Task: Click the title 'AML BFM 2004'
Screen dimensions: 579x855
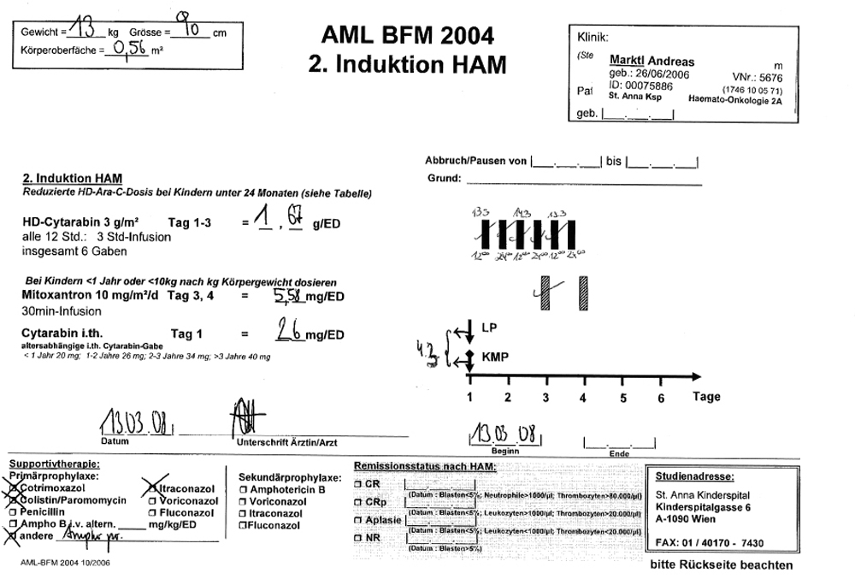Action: pyautogui.click(x=407, y=35)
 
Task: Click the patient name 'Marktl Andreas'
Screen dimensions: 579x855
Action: pyautogui.click(x=652, y=62)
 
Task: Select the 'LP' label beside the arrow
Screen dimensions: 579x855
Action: pyautogui.click(x=489, y=327)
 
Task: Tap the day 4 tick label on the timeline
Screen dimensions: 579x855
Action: pyautogui.click(x=583, y=398)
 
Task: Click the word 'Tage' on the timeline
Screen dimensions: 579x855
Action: pyautogui.click(x=706, y=397)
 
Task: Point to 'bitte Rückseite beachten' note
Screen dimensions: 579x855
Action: pyautogui.click(x=721, y=565)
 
